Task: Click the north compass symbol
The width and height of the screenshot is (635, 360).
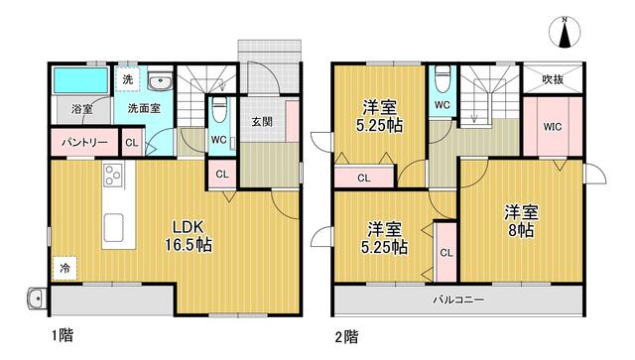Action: tap(565, 33)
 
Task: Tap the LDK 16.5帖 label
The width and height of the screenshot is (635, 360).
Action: tap(188, 236)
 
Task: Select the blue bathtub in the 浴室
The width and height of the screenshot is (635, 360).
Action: tap(81, 80)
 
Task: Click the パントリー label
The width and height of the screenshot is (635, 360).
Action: tap(84, 143)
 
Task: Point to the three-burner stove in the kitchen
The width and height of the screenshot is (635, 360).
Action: tap(113, 175)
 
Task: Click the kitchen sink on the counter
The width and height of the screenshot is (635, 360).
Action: tap(113, 227)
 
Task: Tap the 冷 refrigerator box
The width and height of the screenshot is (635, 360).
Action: tap(64, 268)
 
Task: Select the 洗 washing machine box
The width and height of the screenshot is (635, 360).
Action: tap(128, 79)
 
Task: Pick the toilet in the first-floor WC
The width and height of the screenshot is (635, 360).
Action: tap(220, 109)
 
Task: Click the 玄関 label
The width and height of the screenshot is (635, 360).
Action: tap(262, 121)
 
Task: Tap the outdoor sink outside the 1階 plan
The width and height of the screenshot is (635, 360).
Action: tap(37, 300)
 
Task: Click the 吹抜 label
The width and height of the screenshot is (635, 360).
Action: tap(553, 79)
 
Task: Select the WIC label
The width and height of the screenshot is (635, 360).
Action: tap(553, 127)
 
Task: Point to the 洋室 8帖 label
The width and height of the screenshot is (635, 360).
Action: tap(521, 221)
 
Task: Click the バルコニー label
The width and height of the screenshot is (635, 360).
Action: tap(458, 300)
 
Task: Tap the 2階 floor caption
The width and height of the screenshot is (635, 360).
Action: tap(346, 336)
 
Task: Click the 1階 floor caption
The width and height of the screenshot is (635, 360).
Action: tap(63, 335)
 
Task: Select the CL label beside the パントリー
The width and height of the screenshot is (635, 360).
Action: tap(132, 143)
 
